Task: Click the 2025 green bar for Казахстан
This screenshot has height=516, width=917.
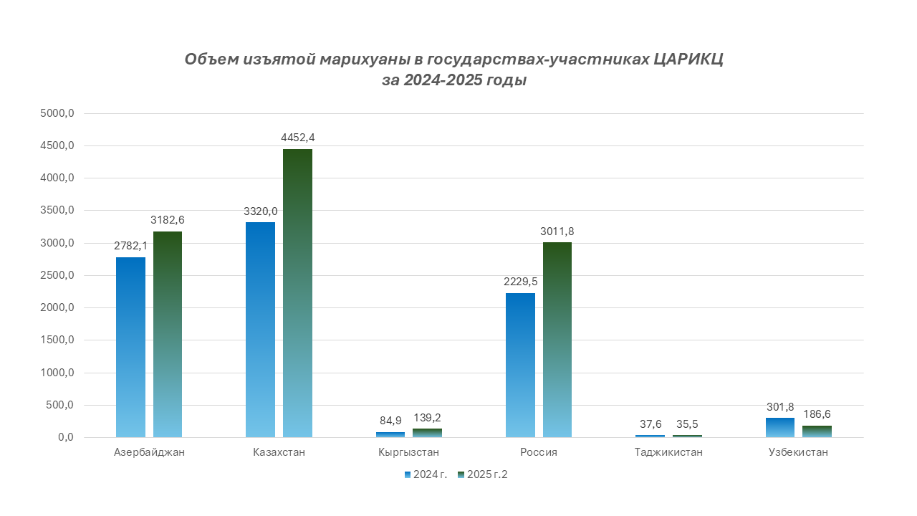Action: (x=297, y=293)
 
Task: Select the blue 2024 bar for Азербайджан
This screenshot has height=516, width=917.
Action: (x=130, y=347)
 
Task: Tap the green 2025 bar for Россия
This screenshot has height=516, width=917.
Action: (x=557, y=340)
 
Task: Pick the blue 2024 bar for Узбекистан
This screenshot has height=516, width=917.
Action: (x=779, y=427)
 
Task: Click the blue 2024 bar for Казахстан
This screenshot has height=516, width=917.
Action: (x=260, y=330)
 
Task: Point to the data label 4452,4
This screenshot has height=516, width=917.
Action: (x=297, y=137)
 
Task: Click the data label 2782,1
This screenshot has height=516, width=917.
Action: (x=130, y=245)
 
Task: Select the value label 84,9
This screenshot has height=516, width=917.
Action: (x=390, y=420)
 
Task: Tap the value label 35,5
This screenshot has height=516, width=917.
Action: (x=688, y=423)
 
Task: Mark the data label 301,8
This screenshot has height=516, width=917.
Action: (x=779, y=406)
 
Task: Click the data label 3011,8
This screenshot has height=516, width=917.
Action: (x=557, y=231)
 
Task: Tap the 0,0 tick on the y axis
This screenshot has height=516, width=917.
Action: (x=66, y=438)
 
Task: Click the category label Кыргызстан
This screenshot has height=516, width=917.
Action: (x=408, y=453)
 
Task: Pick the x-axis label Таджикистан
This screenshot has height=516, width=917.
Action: (x=668, y=453)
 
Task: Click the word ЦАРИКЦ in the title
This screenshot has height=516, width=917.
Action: (x=688, y=59)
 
